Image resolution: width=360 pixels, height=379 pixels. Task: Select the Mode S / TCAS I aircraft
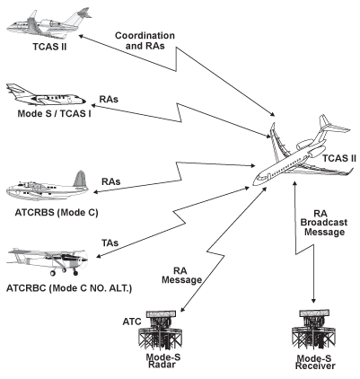[x=40, y=96]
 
